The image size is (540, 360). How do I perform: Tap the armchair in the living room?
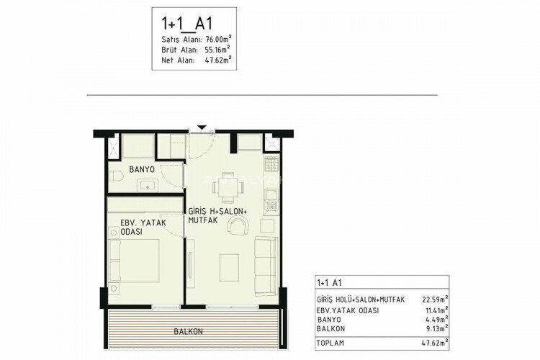coord(237,228)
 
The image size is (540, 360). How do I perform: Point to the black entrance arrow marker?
coord(202,128)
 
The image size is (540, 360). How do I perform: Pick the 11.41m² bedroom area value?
coord(436,310)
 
